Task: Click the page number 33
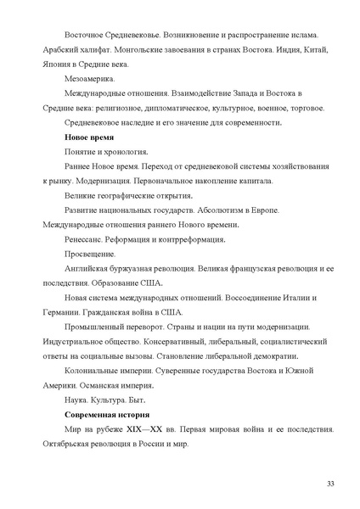(x=330, y=482)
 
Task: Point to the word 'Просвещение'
(x=90, y=255)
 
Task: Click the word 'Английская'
(x=89, y=269)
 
